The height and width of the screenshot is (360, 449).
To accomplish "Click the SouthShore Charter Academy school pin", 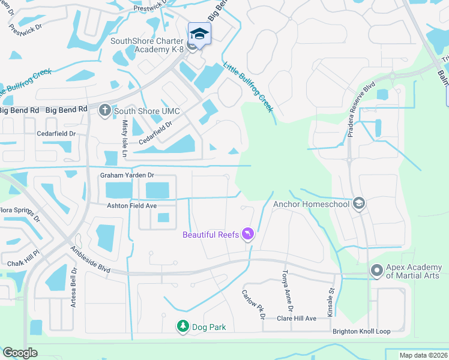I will click(199, 34).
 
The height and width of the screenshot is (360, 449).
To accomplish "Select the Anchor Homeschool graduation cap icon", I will click(359, 203).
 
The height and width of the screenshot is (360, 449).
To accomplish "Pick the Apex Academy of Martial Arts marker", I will click(377, 271).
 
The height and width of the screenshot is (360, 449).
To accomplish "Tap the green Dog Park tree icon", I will click(182, 326).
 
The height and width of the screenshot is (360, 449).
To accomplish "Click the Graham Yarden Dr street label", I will click(127, 175).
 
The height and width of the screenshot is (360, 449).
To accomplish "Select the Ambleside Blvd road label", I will click(91, 260).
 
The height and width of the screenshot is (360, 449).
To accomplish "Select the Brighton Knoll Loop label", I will click(361, 331).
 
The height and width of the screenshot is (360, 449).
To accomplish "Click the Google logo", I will click(20, 353).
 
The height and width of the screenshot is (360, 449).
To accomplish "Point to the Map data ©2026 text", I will click(423, 355).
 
